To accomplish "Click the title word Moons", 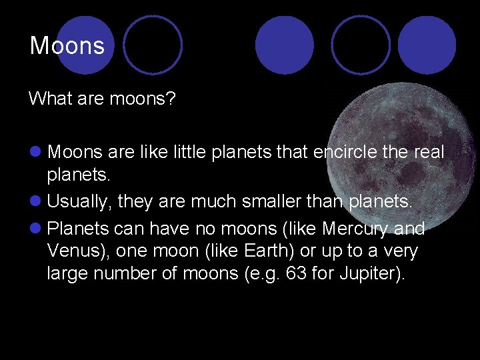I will [67, 45].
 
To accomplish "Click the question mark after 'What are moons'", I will [172, 99].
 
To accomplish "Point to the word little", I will [183, 153].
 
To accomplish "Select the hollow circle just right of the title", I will [153, 45].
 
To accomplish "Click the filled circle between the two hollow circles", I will [285, 45].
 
